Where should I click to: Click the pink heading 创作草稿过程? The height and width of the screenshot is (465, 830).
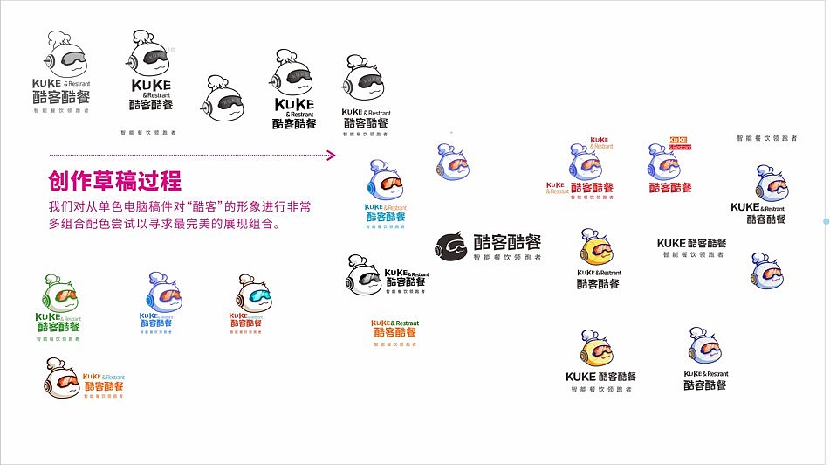pyautogui.click(x=114, y=181)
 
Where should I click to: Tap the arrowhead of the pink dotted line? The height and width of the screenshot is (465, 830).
pyautogui.click(x=332, y=156)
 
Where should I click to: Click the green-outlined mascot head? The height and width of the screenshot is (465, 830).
pyautogui.click(x=59, y=294)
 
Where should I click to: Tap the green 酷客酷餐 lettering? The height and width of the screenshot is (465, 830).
pyautogui.click(x=57, y=327)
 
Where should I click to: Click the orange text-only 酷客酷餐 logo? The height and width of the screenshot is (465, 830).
pyautogui.click(x=394, y=332)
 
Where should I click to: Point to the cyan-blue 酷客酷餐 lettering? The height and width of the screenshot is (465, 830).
pyautogui.click(x=387, y=217)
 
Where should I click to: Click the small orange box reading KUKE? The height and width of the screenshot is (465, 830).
pyautogui.click(x=678, y=140)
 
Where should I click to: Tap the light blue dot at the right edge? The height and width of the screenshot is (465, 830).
pyautogui.click(x=826, y=221)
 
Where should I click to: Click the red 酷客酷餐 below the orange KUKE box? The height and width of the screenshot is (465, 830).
pyautogui.click(x=670, y=188)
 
